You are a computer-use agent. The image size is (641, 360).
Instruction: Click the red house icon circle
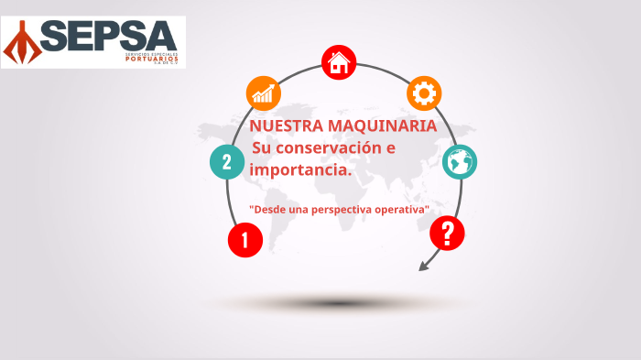coord(339,63)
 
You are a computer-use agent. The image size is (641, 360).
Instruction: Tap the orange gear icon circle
coord(424,93)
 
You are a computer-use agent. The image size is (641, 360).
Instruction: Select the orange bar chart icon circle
coord(264,93)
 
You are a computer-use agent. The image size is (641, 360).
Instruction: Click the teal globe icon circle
coord(460,162)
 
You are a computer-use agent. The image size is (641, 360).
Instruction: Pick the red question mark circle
coord(447,234)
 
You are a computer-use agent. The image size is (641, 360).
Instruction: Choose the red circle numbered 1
coord(244,241)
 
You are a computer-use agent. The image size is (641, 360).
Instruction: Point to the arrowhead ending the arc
coord(423,267)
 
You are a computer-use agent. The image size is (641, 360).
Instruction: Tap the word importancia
coord(299,169)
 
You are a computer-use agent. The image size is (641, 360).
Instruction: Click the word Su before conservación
coord(263,148)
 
